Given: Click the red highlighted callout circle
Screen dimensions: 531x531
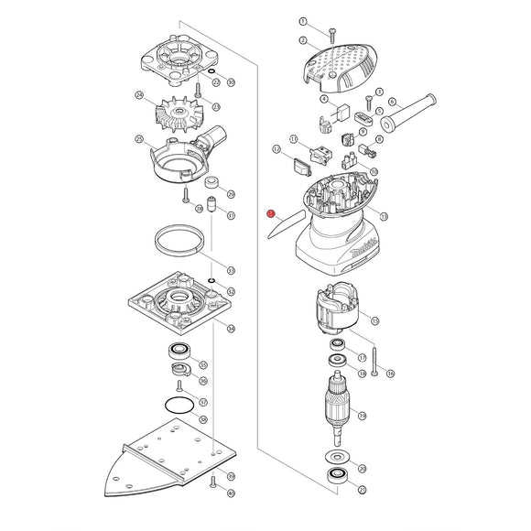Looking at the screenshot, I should point(271,214).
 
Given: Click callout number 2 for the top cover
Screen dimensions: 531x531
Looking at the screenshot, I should point(302,41).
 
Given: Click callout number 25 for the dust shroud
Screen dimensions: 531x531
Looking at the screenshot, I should point(139,140).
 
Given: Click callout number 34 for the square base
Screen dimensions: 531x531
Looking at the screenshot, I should point(232,329).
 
